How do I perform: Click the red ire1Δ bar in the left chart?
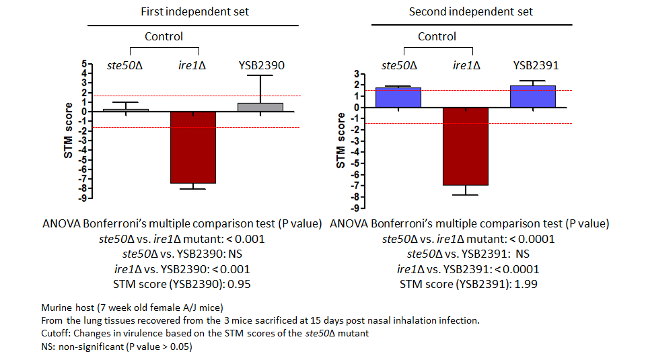193,147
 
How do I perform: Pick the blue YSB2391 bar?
533,97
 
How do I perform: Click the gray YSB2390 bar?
260,108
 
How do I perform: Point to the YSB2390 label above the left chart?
262,66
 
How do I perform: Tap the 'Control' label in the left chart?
164,36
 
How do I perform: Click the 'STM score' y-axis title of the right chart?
341,141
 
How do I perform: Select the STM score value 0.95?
243,284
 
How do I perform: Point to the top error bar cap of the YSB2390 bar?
260,75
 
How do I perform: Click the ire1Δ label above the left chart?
192,66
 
